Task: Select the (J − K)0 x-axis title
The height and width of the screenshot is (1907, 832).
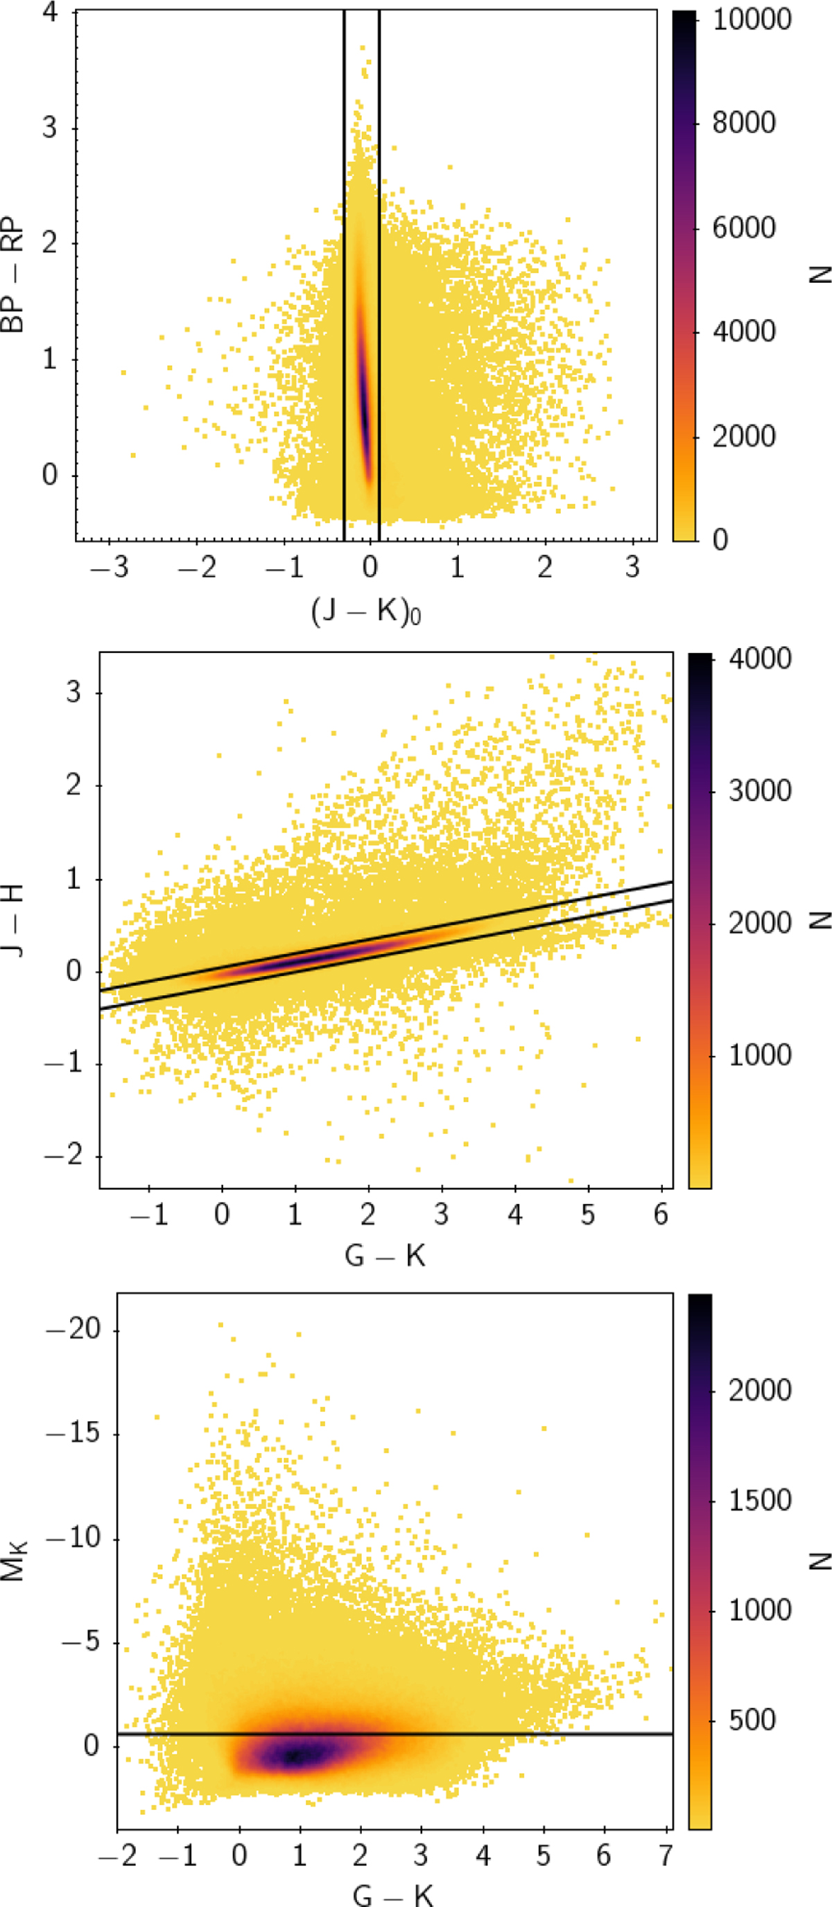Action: (x=366, y=611)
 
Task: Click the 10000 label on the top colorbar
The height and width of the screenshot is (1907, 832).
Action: (x=752, y=19)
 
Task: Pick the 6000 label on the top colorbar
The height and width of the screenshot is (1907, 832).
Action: (x=743, y=227)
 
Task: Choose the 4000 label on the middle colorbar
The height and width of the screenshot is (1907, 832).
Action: (x=759, y=658)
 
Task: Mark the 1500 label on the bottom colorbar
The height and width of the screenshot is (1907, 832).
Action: (x=759, y=1500)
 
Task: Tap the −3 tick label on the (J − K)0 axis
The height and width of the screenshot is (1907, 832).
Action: (x=110, y=568)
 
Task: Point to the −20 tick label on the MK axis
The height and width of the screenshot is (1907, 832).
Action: (x=73, y=1329)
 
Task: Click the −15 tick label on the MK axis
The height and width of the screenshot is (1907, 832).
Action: (x=73, y=1432)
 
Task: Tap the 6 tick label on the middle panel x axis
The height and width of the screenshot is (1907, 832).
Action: (x=661, y=1214)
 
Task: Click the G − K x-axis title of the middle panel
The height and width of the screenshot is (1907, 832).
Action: (x=385, y=1255)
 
